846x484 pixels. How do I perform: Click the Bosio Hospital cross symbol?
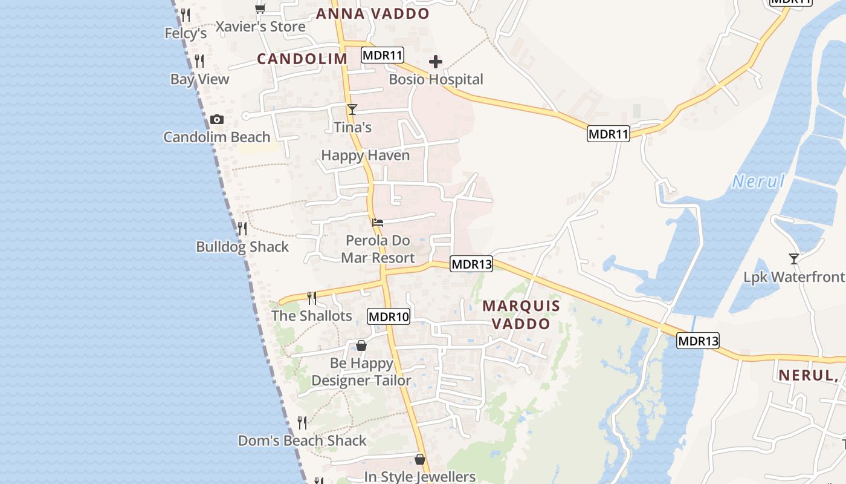[x=435, y=62]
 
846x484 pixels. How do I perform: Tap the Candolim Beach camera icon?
[x=217, y=120]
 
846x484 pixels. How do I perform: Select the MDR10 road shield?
[x=389, y=316]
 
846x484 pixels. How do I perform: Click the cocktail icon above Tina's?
[x=352, y=110]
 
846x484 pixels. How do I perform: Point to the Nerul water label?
[x=758, y=181]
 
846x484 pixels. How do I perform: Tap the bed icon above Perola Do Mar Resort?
[x=378, y=223]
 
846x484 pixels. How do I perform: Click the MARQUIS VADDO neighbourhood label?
[x=521, y=315]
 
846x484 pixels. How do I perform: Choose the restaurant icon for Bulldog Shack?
[x=242, y=229]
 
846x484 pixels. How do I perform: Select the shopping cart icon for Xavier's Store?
[x=260, y=8]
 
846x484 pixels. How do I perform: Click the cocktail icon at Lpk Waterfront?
[x=794, y=259]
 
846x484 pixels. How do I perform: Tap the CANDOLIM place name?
[x=302, y=59]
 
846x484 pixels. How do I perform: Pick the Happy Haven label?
[x=365, y=155]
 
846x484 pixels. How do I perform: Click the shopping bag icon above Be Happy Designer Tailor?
[x=361, y=345]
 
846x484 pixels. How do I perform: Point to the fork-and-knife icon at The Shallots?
[x=312, y=298]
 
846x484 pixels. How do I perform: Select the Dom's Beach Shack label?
[x=302, y=440]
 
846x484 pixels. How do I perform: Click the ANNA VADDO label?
[x=373, y=14]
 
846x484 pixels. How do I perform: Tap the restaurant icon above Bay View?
[x=199, y=61]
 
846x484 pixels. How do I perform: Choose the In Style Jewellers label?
[x=419, y=477]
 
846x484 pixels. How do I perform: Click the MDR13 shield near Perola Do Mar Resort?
[x=471, y=264]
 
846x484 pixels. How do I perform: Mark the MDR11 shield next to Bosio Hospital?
[x=383, y=56]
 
